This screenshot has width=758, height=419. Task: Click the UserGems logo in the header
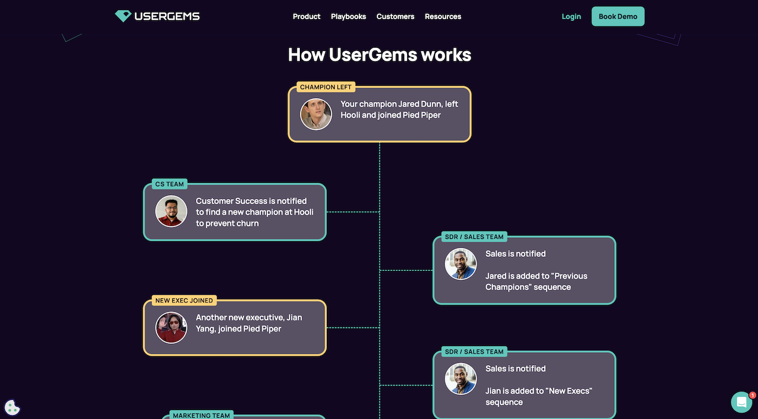pos(157,16)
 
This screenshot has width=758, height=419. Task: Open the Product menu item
pos(307,16)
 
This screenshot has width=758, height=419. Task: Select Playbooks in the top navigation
pos(348,16)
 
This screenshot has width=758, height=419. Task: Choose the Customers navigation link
pos(395,16)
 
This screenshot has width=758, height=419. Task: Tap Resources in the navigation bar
pos(443,16)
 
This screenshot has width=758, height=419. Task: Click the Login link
pos(571,16)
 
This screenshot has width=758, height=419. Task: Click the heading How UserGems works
pos(380,54)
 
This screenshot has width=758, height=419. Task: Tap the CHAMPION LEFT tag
pos(326,87)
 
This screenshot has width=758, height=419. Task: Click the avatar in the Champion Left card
pos(316,114)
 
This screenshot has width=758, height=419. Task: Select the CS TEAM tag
pos(170,184)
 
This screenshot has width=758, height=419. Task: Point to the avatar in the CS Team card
pos(171,211)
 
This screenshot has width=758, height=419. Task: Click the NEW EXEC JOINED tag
pos(184,301)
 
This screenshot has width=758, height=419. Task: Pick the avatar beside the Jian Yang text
pos(171,328)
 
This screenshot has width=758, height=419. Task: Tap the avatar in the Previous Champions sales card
pos(460,264)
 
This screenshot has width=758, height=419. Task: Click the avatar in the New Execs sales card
pos(460,379)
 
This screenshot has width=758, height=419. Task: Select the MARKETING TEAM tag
pos(201,416)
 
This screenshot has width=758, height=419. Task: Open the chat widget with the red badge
pos(742,402)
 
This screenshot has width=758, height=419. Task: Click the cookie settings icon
pos(12,407)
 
